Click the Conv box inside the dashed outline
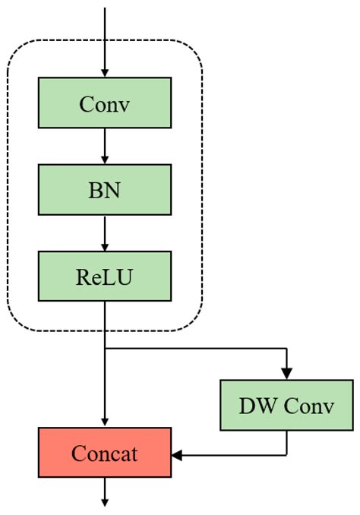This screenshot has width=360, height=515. tap(105, 104)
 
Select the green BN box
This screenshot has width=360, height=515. tap(105, 191)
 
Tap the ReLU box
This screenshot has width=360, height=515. tap(105, 277)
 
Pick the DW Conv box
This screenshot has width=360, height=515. tap(286, 406)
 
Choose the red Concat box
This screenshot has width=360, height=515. tap(105, 453)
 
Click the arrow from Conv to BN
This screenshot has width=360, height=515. tap(105, 147)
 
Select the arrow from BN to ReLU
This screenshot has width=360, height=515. tap(105, 233)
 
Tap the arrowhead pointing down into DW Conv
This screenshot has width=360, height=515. tap(286, 374)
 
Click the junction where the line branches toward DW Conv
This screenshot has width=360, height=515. tap(105, 349)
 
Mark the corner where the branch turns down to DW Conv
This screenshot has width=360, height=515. tap(286, 349)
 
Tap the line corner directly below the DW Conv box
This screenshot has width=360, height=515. tap(286, 455)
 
